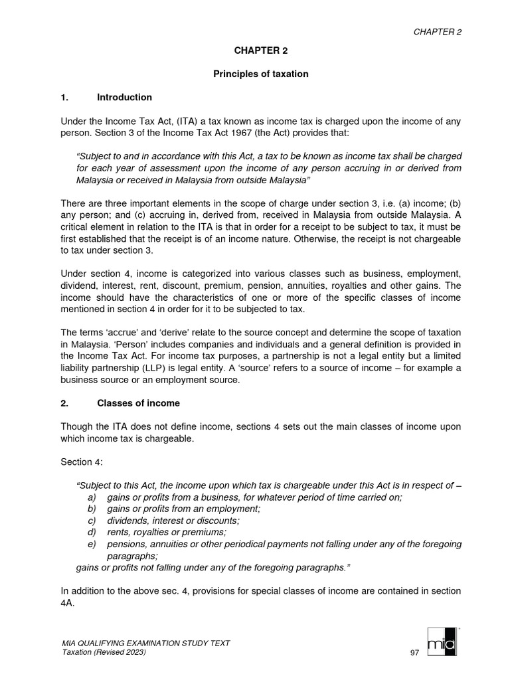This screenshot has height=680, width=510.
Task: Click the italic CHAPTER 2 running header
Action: tap(438, 31)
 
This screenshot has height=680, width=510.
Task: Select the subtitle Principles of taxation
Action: tap(260, 74)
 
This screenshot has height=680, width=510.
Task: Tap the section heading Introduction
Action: tap(124, 98)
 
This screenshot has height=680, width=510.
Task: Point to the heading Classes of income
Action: tap(138, 403)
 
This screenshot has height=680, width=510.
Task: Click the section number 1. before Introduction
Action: tap(64, 98)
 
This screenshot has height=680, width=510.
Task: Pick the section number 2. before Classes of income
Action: tap(64, 403)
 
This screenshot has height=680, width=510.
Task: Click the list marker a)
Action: tap(92, 497)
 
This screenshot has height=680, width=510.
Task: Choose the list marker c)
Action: tap(92, 521)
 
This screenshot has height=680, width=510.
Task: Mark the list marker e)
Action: tap(92, 544)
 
